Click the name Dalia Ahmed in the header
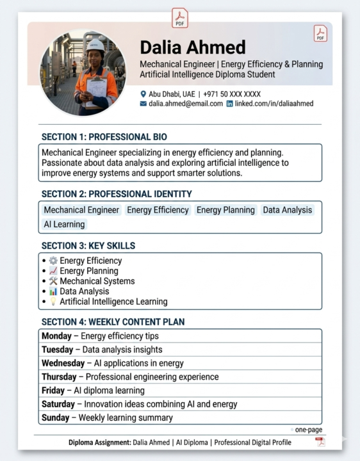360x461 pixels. tap(193, 47)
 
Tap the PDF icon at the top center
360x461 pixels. tap(180, 18)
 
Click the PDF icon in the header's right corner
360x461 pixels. tap(320, 33)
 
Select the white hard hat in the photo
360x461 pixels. tap(95, 45)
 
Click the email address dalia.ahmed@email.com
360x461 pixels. tap(186, 104)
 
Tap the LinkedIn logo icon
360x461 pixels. tap(230, 104)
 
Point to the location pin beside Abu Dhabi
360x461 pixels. tap(143, 94)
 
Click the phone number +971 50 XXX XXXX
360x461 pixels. tap(232, 94)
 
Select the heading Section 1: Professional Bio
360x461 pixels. tap(104, 137)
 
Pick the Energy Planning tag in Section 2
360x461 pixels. tap(225, 210)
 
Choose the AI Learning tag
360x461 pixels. tap(64, 224)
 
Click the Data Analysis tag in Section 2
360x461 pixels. tap(288, 210)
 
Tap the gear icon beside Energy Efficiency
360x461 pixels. tap(53, 261)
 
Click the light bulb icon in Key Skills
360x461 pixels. tap(53, 302)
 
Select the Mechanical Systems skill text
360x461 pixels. tap(97, 281)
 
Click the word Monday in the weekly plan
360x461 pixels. tap(56, 336)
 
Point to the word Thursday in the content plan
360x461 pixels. tap(60, 377)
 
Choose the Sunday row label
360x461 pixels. tap(55, 418)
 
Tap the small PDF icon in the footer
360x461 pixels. tap(320, 442)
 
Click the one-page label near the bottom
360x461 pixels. tap(308, 430)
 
